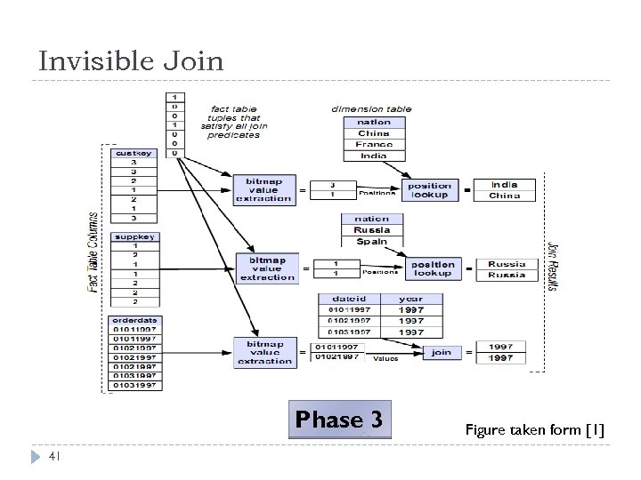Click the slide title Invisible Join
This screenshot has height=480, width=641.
point(132,61)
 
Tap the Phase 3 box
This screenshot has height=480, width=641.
point(340,420)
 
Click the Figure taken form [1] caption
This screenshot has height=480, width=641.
point(534,430)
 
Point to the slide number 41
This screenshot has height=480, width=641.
point(53,457)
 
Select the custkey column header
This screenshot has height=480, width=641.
point(134,152)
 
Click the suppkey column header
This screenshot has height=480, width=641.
point(134,237)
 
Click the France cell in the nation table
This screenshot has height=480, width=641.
point(374,144)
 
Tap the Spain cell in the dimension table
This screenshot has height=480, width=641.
point(372,241)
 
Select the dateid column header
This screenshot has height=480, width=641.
point(348,300)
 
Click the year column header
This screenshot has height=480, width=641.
point(410,300)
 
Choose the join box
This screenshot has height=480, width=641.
point(442,352)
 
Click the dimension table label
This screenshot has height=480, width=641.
point(371,109)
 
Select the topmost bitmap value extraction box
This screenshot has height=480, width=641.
point(264,189)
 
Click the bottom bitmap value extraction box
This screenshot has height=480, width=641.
point(264,352)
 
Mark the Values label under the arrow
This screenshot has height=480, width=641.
point(385,359)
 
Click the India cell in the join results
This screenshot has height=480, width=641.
point(505,184)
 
